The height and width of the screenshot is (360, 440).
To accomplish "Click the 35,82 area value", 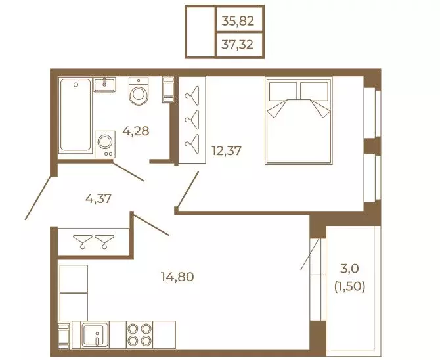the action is click(x=238, y=21).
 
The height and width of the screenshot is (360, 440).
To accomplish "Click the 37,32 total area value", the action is click(x=237, y=45).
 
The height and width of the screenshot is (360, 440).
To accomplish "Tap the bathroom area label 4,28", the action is click(x=136, y=131).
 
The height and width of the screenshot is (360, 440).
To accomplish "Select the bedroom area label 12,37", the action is click(x=227, y=151).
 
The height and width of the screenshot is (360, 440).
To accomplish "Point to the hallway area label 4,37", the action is click(x=99, y=199).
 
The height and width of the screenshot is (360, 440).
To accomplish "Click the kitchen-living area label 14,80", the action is click(x=177, y=277).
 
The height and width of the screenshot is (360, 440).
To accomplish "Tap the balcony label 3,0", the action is click(x=349, y=269).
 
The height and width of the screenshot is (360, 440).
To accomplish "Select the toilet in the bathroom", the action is click(x=139, y=91).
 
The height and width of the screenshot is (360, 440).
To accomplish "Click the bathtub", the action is click(x=76, y=115).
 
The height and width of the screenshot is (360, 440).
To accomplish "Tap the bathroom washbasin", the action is click(x=104, y=85).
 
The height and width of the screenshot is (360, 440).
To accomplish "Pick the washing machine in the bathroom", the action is click(x=105, y=145).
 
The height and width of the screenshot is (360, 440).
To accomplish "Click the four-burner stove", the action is click(x=139, y=335).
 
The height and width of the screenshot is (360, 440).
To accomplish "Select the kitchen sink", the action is click(x=95, y=335).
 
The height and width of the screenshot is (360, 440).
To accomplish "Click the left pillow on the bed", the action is click(x=283, y=91).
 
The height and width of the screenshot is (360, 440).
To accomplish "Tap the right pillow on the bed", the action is click(x=315, y=91).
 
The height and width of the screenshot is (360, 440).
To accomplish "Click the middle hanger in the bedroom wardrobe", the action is click(x=192, y=120).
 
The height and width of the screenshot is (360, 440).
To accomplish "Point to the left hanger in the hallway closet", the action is click(x=82, y=242).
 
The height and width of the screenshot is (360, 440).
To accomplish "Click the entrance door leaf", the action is click(x=39, y=198).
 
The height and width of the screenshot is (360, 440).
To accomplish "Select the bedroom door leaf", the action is click(x=188, y=190).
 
